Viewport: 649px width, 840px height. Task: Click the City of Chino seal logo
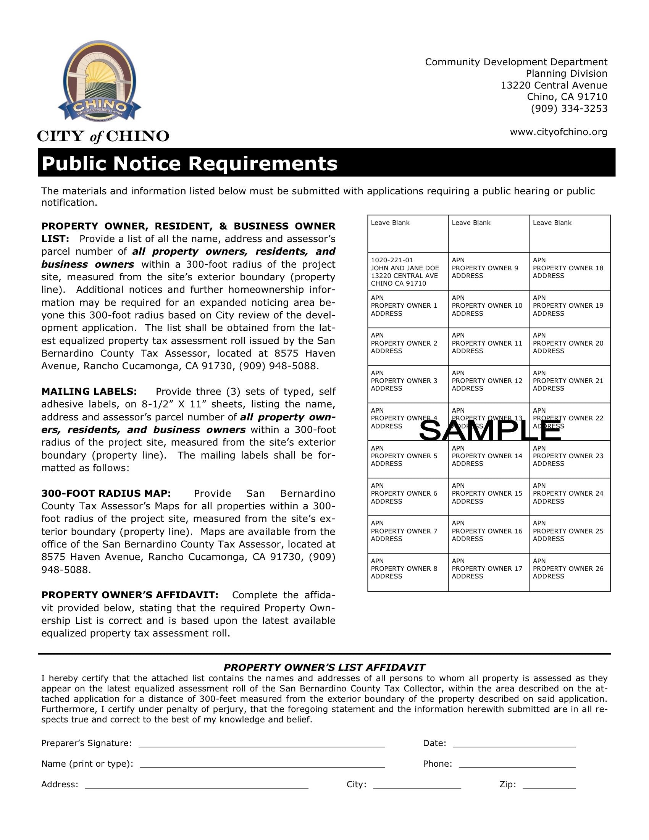[x=100, y=82]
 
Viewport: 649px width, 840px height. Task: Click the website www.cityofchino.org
[x=558, y=132]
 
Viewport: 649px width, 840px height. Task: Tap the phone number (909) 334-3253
[x=569, y=108]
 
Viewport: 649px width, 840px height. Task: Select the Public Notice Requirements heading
[x=190, y=163]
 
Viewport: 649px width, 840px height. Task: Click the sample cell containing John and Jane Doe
[x=408, y=271]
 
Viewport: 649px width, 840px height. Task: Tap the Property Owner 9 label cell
[x=489, y=271]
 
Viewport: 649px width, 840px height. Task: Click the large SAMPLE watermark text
[x=490, y=431]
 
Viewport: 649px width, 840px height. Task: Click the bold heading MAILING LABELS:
[x=89, y=391]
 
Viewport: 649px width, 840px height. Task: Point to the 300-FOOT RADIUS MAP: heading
[x=106, y=493]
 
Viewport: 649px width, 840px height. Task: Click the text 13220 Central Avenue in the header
[x=554, y=85]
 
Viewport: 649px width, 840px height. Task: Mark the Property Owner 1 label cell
[x=408, y=309]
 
